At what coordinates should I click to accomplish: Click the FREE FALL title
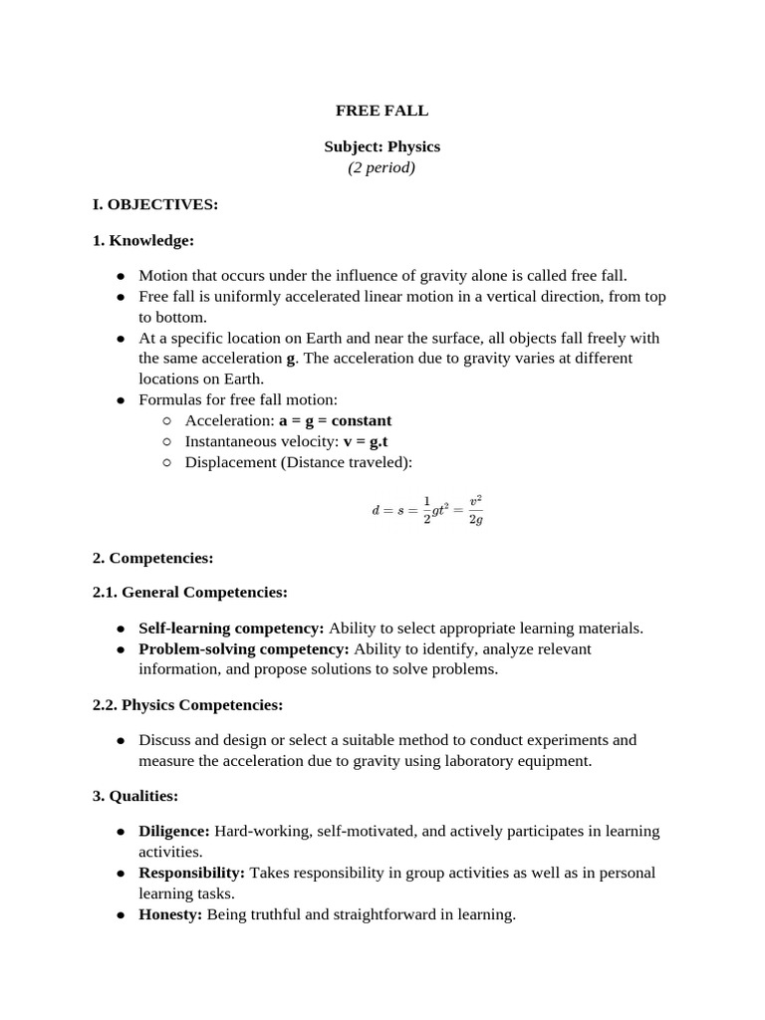pos(382,111)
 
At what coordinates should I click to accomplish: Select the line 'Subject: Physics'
pos(382,146)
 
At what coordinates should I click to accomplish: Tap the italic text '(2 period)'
pos(382,167)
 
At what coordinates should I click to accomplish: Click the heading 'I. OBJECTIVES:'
pos(154,204)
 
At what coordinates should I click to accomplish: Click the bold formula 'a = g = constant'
pos(335,420)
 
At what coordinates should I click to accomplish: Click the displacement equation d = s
pos(427,509)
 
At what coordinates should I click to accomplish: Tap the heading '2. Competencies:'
pos(152,558)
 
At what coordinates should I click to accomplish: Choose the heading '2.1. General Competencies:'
pos(189,593)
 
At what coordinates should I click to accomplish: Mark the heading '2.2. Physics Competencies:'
pos(187,705)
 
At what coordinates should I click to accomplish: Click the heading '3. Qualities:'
pos(135,796)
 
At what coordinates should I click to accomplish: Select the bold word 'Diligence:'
pos(174,832)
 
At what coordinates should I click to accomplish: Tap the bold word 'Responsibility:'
pos(191,873)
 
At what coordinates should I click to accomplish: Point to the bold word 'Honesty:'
pos(170,914)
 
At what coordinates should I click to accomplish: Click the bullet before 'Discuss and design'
pos(121,741)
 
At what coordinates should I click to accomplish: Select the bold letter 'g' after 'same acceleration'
pos(291,359)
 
